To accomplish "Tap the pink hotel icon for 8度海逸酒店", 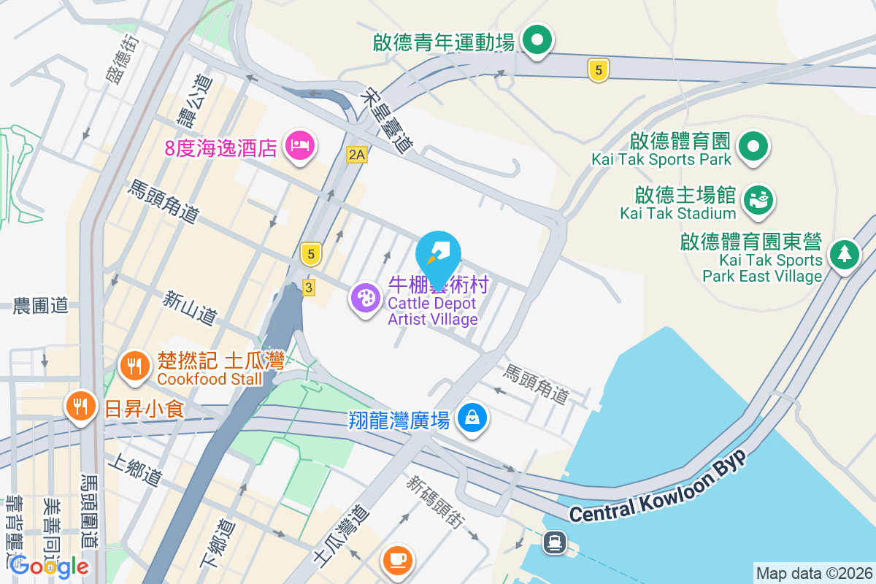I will pyautogui.click(x=300, y=145).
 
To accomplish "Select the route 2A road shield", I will pyautogui.click(x=356, y=154).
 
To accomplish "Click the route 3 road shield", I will pyautogui.click(x=309, y=288).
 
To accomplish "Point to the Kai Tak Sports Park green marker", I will pyautogui.click(x=753, y=146).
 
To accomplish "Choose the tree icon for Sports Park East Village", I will pyautogui.click(x=845, y=255).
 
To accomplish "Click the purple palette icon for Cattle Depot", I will pyautogui.click(x=365, y=298).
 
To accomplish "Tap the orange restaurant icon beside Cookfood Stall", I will pyautogui.click(x=133, y=364).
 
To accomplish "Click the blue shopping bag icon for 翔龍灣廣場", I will pyautogui.click(x=472, y=418).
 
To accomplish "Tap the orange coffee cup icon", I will pyautogui.click(x=398, y=560).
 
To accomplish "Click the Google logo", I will pyautogui.click(x=50, y=566).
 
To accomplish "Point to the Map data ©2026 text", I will pyautogui.click(x=814, y=574).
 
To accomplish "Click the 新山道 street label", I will pyautogui.click(x=190, y=308).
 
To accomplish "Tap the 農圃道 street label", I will pyautogui.click(x=41, y=307).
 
